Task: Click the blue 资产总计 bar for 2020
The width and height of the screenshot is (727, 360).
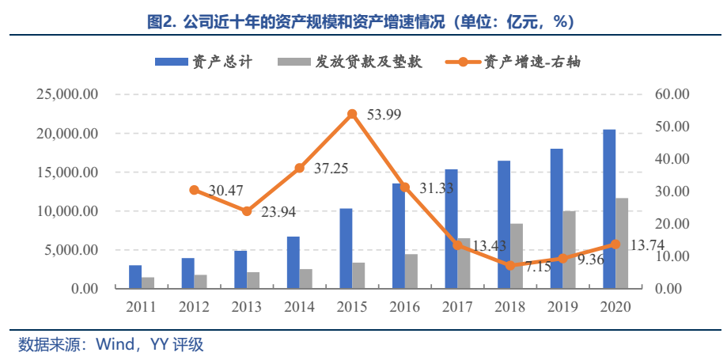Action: click(x=609, y=209)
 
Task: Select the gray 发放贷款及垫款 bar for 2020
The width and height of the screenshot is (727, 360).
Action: click(x=622, y=243)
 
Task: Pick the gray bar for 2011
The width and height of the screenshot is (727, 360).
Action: click(x=148, y=282)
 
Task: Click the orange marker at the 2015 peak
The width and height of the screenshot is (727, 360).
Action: click(x=352, y=115)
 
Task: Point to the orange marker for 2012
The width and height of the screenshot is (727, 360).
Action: click(x=194, y=190)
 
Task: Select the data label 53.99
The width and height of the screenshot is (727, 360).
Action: click(x=384, y=115)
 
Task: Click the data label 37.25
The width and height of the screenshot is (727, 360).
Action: click(x=329, y=169)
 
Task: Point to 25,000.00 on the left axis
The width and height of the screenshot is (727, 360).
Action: click(x=67, y=94)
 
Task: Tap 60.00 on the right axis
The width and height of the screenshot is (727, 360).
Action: click(x=672, y=94)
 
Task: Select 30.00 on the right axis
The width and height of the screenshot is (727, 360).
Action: click(x=672, y=191)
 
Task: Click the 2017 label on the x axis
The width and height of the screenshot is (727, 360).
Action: click(x=457, y=307)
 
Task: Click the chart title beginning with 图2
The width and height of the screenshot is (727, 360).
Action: click(x=363, y=21)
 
